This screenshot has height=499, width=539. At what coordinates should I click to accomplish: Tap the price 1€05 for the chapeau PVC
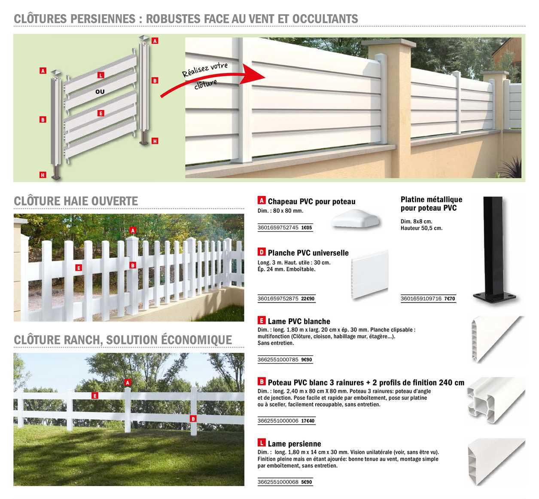tap(307, 228)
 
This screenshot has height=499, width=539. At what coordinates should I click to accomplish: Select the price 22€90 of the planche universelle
tap(308, 299)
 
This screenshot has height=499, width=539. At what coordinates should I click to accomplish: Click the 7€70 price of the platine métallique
tap(449, 299)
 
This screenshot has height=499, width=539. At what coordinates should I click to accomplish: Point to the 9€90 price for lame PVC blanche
tap(307, 360)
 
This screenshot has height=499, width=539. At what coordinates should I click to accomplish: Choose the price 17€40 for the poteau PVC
tap(308, 421)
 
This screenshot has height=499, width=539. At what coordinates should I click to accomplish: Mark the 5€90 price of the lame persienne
tap(307, 482)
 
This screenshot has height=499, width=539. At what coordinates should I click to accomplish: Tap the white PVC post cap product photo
tap(356, 220)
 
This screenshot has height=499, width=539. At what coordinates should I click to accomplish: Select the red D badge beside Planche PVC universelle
tap(261, 252)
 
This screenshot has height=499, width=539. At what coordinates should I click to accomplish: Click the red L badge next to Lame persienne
tap(261, 443)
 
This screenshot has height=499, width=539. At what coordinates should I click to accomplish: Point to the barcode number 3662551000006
tap(278, 421)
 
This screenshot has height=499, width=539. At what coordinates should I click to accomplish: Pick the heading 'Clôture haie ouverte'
tap(76, 201)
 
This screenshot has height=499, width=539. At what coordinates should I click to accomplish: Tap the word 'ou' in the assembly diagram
tap(100, 92)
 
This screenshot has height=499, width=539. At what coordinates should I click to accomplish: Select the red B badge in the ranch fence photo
tap(193, 419)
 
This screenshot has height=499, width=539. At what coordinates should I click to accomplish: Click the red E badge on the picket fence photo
tap(78, 268)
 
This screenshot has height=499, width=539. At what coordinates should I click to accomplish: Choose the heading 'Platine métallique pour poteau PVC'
tap(431, 204)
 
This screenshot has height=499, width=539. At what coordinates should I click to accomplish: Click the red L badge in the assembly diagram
tap(101, 75)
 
